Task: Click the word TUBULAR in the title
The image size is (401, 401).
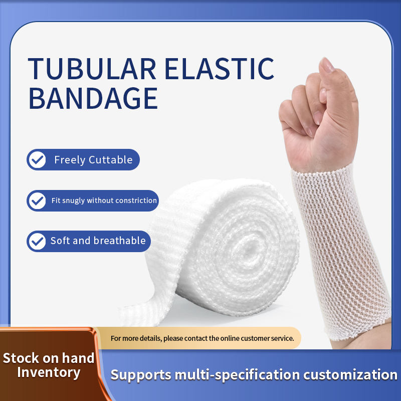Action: click(92, 69)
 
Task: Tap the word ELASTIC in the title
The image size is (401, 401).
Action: click(220, 69)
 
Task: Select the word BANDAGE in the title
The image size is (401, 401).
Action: click(93, 98)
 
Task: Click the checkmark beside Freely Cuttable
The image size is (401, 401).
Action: click(37, 160)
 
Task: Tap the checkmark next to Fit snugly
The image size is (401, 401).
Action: click(37, 201)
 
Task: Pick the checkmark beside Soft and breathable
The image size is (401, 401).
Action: click(37, 242)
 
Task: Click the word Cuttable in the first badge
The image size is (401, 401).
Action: click(111, 159)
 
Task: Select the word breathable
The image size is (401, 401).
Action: click(120, 241)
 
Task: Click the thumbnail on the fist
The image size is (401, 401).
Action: click(327, 65)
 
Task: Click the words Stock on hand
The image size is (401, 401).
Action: click(49, 358)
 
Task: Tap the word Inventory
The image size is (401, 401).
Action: click(49, 372)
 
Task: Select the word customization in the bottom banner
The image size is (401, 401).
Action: click(350, 375)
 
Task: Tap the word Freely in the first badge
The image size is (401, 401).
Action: click(70, 160)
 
